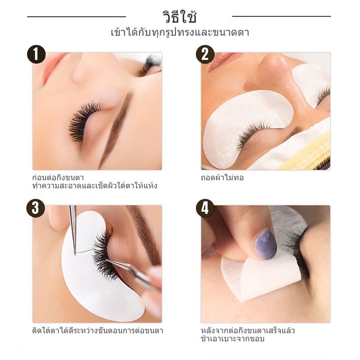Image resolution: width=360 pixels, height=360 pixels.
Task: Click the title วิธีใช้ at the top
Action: [x=180, y=16]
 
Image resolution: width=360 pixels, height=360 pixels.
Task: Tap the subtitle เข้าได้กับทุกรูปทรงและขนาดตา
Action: [x=180, y=32]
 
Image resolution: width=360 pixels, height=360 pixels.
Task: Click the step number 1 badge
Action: [x=36, y=54]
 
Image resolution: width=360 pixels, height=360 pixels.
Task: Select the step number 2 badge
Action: [x=205, y=54]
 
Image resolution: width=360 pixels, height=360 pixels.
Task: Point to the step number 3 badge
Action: [x=36, y=208]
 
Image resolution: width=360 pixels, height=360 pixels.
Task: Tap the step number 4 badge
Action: [x=205, y=208]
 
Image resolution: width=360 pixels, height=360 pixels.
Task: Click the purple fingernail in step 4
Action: [x=265, y=245]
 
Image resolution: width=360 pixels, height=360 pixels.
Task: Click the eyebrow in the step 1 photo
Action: [x=117, y=129]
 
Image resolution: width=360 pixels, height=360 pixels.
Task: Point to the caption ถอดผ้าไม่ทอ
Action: [x=222, y=177]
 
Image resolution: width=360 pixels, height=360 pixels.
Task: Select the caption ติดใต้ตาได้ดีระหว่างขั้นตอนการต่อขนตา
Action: [x=98, y=330]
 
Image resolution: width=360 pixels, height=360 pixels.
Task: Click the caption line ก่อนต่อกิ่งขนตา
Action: [x=58, y=177]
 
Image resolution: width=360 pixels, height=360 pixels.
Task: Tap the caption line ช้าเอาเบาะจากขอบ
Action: [x=233, y=339]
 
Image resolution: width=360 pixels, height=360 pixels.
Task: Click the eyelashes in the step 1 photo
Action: [x=84, y=121]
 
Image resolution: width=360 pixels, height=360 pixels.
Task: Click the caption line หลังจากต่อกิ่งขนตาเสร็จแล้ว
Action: [x=248, y=330]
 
